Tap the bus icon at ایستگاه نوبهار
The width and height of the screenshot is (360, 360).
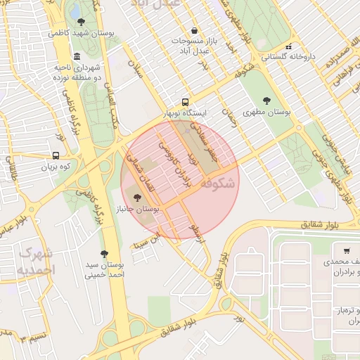(185, 101)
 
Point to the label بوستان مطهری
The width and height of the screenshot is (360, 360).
(267, 112)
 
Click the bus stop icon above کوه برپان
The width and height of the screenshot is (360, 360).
(56, 155)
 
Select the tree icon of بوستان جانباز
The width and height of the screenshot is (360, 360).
(136, 198)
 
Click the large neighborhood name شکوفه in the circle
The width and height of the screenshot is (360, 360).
(218, 185)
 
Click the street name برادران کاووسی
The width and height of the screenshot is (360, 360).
(174, 166)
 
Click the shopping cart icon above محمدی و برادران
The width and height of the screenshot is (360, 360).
(347, 251)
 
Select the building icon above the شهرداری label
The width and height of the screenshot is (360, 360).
(76, 56)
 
